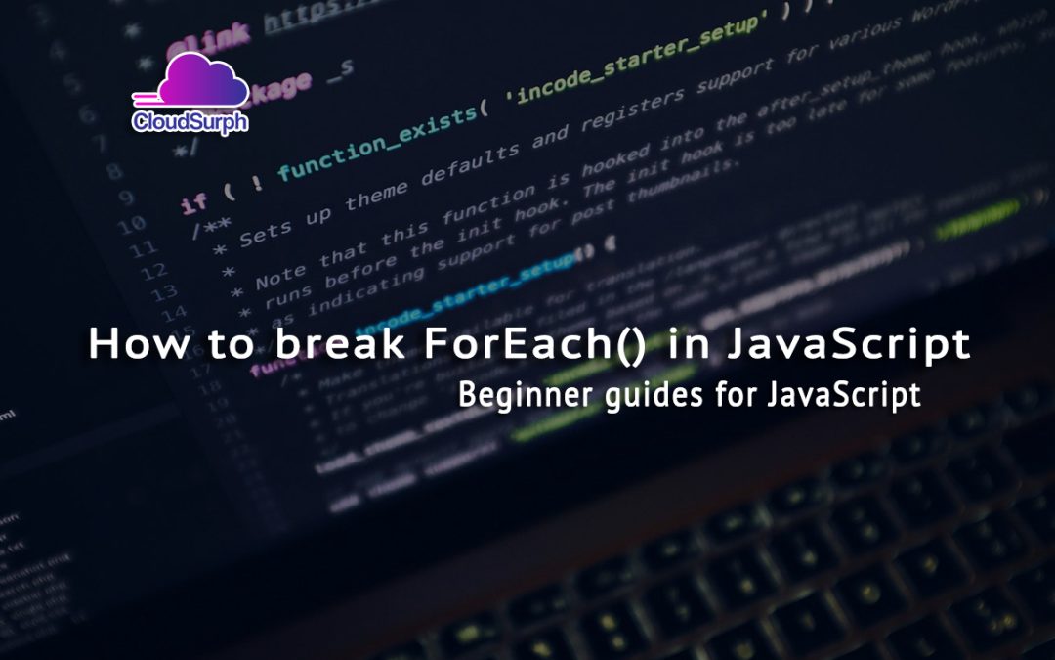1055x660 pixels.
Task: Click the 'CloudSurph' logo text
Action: pyautogui.click(x=190, y=122)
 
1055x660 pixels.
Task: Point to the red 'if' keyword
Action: pyautogui.click(x=195, y=202)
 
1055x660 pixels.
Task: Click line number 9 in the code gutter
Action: pyautogui.click(x=127, y=197)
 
